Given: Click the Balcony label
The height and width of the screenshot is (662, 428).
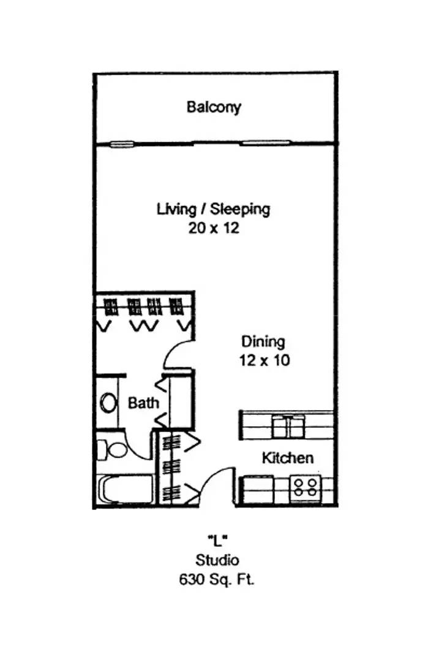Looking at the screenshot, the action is point(214,107).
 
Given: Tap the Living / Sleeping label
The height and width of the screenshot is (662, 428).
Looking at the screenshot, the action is point(213,210).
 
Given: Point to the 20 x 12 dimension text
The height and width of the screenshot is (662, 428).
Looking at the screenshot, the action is point(214,229).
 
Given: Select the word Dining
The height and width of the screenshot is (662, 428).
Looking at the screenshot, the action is point(263,341).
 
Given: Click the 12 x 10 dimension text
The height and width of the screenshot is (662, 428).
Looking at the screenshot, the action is point(265,360).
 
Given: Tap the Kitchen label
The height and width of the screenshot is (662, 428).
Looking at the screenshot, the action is point(288,458).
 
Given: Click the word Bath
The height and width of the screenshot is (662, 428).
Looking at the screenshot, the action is point(143,403).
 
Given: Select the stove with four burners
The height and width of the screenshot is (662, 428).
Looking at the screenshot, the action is point(306,486).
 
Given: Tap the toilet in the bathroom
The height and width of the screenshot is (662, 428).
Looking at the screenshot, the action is point(111,449).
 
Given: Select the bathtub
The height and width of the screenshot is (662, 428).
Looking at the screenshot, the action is point(126,489).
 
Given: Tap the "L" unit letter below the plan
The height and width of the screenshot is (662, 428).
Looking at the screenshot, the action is point(217,540).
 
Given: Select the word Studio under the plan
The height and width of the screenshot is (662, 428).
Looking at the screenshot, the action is point(217,560).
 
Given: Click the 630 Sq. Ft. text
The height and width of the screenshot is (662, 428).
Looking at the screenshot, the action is point(217,579).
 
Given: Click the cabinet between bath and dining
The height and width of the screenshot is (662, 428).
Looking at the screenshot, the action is point(181,401).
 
